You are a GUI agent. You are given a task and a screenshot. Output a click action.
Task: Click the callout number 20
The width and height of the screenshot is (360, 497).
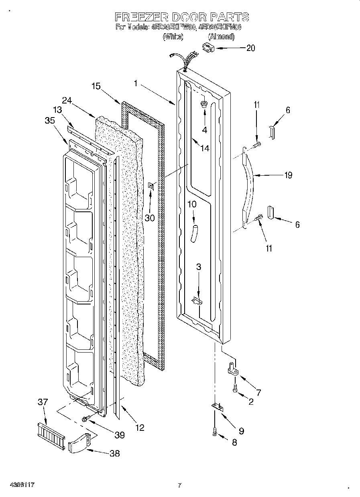(250, 48)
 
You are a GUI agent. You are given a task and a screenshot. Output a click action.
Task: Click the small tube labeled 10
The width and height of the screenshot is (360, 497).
(195, 233)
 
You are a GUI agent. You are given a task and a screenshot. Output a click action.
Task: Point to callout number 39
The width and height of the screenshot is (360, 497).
(119, 434)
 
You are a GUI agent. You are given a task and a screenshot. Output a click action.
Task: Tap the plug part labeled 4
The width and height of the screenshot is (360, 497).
(204, 105)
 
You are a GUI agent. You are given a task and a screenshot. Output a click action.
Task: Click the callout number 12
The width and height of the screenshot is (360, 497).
(139, 428)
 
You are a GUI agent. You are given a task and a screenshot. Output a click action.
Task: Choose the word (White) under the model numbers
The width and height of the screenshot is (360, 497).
(173, 37)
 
